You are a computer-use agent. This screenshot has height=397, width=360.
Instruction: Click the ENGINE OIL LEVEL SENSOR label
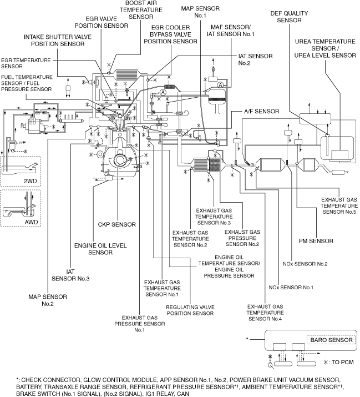pyautogui.click(x=93, y=248)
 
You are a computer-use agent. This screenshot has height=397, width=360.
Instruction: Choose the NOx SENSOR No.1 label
pyautogui.click(x=291, y=287)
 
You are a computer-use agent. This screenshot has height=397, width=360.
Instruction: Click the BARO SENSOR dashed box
pyautogui.click(x=331, y=339)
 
